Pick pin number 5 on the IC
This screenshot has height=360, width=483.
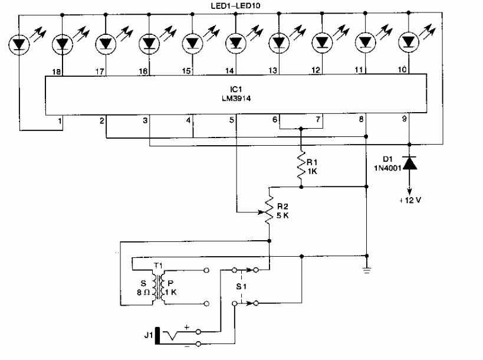(x=232, y=120)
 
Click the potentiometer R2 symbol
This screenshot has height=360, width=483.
(x=270, y=207)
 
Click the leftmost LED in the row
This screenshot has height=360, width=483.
(x=20, y=43)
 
